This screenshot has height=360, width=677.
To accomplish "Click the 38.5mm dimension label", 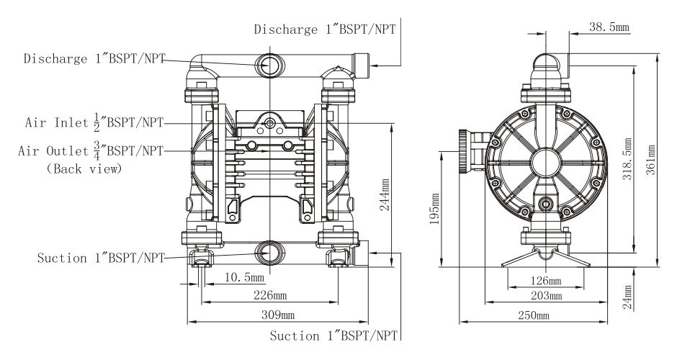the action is pos(609,27).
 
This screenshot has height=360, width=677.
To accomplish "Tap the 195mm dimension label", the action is pos(434,209).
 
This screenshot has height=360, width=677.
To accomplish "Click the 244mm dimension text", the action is pos(385,194).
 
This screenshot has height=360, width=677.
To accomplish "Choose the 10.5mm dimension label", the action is pos(244,276).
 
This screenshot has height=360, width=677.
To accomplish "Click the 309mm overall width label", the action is pos(278,315).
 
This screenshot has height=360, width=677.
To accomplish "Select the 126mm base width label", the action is pos(546,282).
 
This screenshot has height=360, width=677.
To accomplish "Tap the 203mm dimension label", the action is pos(546,296).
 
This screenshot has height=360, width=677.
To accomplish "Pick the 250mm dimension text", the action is pos(534,315).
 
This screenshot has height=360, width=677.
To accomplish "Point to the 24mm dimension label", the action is pos(627,297).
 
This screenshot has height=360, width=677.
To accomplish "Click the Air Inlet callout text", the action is pos(94,122).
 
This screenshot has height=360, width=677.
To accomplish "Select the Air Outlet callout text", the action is pos(91,150).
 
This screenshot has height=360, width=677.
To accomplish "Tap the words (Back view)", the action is pos(84,168).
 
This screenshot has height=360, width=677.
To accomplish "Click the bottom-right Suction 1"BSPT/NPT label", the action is pos(333,336).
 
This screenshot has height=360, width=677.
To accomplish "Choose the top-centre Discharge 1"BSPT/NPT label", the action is pos(325,30).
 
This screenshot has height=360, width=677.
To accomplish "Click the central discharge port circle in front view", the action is pos(270,66).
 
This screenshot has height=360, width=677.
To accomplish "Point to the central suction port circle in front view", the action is pos(270,253).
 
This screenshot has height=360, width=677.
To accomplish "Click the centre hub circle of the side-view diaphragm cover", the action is pos(546,163).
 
